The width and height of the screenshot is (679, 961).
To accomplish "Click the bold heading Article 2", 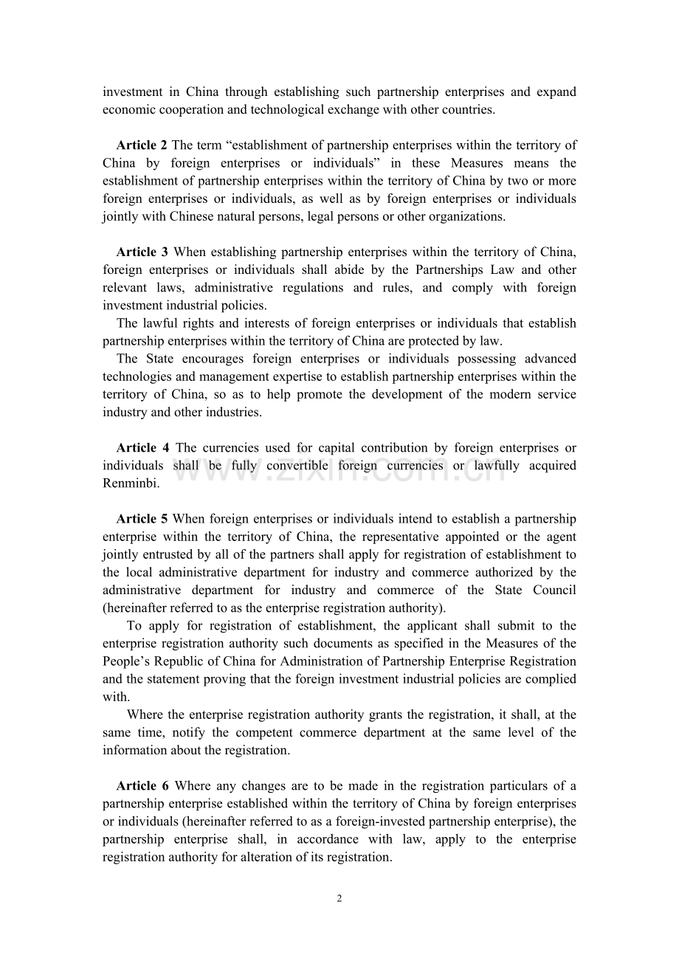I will tap(142, 145).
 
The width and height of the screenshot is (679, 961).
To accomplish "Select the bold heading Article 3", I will tap(142, 252).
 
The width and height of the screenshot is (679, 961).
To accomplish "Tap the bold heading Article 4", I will tap(142, 448).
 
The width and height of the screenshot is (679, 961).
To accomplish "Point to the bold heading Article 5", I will tap(142, 520).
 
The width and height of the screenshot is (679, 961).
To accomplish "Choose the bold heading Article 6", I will tap(142, 786).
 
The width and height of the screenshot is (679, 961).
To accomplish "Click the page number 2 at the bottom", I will tap(339, 898).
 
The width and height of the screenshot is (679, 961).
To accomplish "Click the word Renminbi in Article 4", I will tap(131, 483).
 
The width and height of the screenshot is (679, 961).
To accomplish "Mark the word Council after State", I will tap(553, 590).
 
